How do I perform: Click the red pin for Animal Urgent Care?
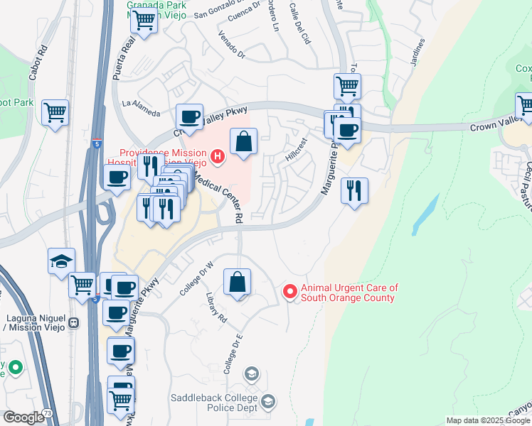(289, 292)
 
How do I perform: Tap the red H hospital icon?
(218, 155)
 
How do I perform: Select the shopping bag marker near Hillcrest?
(243, 141)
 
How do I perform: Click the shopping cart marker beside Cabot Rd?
(55, 112)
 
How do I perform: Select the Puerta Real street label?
(129, 54)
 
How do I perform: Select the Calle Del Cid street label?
(300, 23)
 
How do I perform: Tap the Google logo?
(23, 417)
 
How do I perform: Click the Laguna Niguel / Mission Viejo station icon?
(73, 324)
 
